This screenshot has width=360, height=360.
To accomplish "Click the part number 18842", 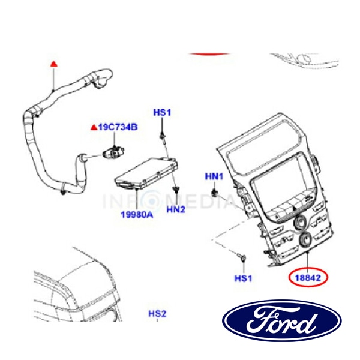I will point(308,278).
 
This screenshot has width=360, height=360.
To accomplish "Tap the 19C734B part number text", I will point(118,127).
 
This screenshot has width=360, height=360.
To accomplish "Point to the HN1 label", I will point(214,176).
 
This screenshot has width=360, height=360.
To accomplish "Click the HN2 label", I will point(176,209).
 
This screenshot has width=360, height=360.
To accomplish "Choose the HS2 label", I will point(157,313).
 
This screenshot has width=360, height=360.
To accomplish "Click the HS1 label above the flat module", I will point(162,112).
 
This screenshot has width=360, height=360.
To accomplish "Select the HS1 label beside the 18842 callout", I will point(244,278).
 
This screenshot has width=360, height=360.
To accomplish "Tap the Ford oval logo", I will point(281,321).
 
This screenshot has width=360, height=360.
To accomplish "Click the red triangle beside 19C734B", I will point(93,127).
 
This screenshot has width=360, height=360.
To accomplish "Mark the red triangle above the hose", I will point(53,62).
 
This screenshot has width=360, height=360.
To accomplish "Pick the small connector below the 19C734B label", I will point(113,150).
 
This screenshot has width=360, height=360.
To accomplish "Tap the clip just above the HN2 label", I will point(175,191).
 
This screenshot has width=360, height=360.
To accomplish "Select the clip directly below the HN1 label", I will point(215,193).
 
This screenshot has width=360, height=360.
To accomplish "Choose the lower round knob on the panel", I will point(304,241).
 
